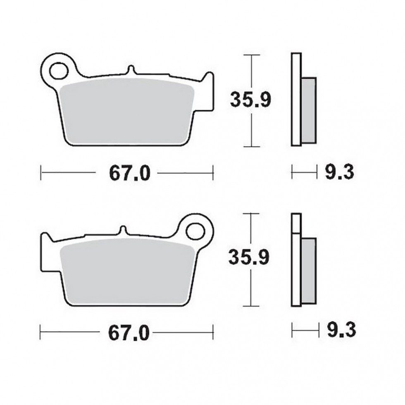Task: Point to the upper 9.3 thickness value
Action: point(339,172)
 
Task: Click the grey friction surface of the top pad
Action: point(126,112)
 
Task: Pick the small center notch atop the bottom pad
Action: point(122,230)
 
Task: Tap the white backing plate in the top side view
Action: point(295,99)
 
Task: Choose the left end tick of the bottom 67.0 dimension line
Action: point(40,331)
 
